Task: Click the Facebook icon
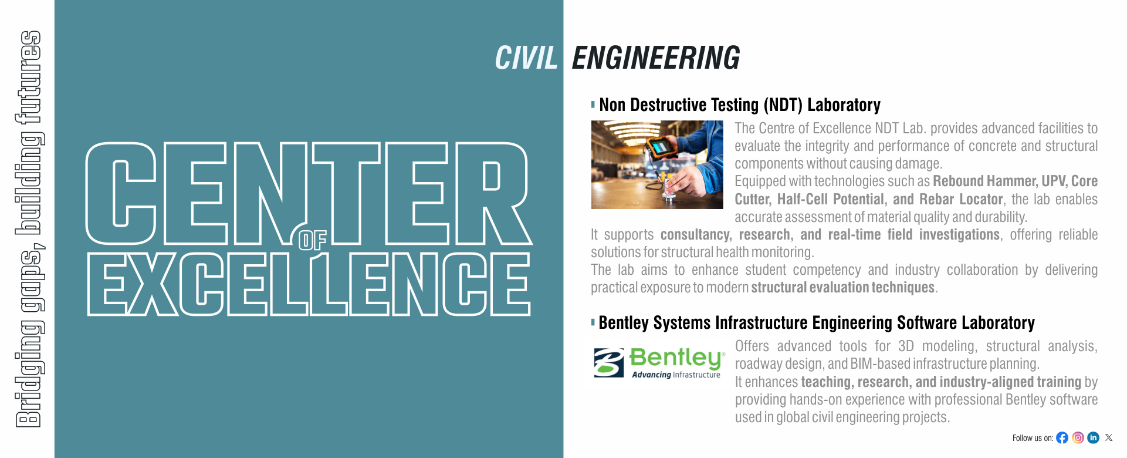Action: [x=1062, y=437]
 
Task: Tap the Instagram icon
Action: [x=1078, y=437]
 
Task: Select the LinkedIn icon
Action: [x=1093, y=437]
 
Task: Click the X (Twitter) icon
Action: [x=1109, y=437]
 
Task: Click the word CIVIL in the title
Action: [x=526, y=58]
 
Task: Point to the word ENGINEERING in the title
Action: [x=656, y=58]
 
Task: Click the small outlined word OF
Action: [x=312, y=240]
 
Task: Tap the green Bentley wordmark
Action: [x=677, y=357]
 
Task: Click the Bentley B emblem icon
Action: [x=608, y=362]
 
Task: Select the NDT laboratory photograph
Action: [x=657, y=164]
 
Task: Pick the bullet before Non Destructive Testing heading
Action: [x=593, y=105]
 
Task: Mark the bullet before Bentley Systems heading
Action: [x=593, y=322]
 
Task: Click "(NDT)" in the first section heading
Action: [x=783, y=105]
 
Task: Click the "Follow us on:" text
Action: [x=1033, y=438]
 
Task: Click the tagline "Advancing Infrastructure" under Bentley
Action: [x=676, y=375]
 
